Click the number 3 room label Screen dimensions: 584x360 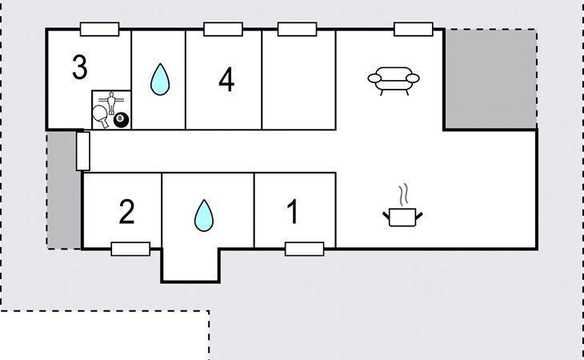coord(80,67)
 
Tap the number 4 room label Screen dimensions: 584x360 coord(226,80)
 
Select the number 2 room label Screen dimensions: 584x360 coord(126,212)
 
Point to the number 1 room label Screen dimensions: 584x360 coord(293,211)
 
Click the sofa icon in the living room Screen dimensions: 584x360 coord(394,81)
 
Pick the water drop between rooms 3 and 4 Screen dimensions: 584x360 coord(160,79)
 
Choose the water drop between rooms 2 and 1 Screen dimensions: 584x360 coord(204,215)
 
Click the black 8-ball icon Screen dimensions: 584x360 coord(121,120)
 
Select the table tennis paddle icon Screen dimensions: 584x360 coord(101,116)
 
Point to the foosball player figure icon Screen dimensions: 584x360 coord(111,102)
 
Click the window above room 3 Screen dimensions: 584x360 coord(100,29)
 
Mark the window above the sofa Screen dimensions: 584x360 coord(414,29)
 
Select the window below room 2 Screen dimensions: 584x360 coord(130,249)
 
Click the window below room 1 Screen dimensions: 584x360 coord(305,249)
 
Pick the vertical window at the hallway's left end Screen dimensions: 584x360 coord(83,151)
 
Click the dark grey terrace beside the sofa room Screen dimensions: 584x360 coord(491,79)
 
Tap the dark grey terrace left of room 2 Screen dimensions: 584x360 coord(64,190)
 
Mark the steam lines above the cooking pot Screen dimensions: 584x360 coord(403,194)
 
